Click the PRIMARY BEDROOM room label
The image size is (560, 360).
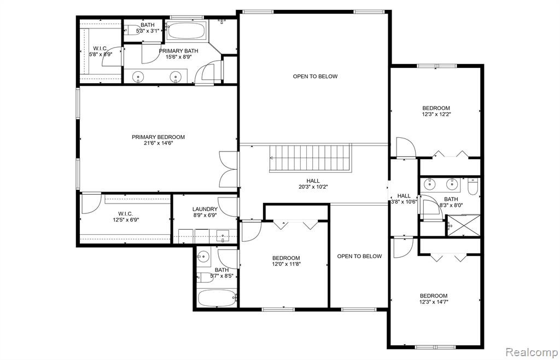coord(158,137)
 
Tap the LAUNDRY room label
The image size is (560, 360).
coord(205,210)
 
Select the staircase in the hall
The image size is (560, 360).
coord(310,158)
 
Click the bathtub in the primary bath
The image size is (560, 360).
coord(186,31)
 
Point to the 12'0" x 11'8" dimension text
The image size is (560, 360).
coord(286,265)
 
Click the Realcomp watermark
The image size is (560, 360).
coord(532,352)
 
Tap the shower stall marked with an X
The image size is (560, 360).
coord(464,225)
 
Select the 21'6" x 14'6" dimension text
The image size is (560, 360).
coord(158,143)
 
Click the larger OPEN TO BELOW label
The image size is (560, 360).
coord(315,77)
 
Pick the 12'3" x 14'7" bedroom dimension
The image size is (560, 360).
coord(434,302)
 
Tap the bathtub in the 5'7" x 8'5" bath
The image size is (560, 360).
coord(217,298)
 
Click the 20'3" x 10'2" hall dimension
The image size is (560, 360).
coord(313,187)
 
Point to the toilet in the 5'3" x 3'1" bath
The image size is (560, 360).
coord(133,30)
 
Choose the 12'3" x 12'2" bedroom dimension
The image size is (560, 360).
coord(436,115)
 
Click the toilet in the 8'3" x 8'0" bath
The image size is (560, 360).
coord(472,187)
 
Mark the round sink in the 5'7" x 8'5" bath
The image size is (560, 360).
coord(204,256)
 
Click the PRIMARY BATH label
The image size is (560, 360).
coord(179,51)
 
